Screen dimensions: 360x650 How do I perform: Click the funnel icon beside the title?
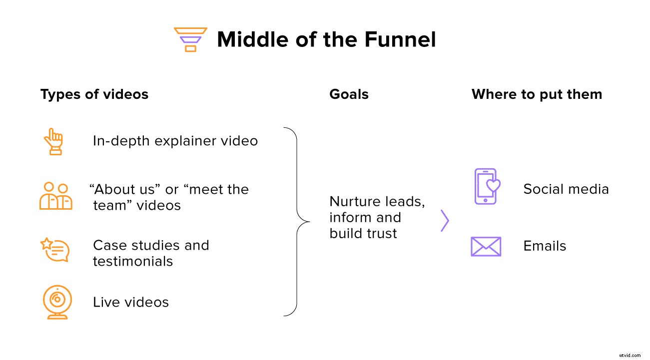190,39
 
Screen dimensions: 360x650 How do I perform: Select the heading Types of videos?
94,94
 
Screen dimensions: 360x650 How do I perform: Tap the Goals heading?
349,94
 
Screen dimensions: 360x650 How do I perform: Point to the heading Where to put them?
537,94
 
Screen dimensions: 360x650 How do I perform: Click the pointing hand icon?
53,141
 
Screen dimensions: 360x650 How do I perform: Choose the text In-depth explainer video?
175,141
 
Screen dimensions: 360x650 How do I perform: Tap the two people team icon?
55,196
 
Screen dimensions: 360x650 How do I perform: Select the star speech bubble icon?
54,250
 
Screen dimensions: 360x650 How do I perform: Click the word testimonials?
133,261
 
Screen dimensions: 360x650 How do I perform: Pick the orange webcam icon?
57,302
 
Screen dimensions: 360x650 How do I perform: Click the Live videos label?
131,302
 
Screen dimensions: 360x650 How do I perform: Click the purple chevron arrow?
445,221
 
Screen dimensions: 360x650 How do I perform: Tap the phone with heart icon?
486,186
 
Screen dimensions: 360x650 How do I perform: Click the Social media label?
566,189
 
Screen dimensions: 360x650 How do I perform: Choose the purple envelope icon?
486,246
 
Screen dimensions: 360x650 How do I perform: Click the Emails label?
545,246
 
